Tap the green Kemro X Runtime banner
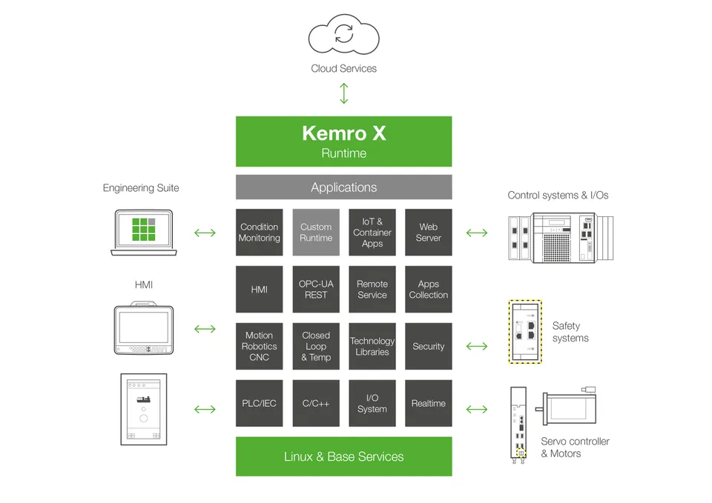[x=343, y=141]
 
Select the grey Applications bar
[x=343, y=187]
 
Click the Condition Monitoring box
[x=260, y=233]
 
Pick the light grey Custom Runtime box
[x=316, y=233]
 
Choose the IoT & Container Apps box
[x=372, y=233]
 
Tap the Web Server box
[x=429, y=233]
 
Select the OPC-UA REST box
[x=316, y=290]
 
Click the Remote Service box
[x=372, y=290]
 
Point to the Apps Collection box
[x=429, y=290]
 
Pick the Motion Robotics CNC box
[x=260, y=346]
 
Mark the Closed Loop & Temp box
[x=316, y=346]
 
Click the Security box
[x=429, y=346]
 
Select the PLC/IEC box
[x=260, y=403]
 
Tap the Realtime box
[x=429, y=403]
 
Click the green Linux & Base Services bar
[x=343, y=456]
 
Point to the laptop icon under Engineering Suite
[x=144, y=233]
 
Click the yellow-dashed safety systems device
[x=525, y=332]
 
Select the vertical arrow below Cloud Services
[x=343, y=93]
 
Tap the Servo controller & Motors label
[x=575, y=447]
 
